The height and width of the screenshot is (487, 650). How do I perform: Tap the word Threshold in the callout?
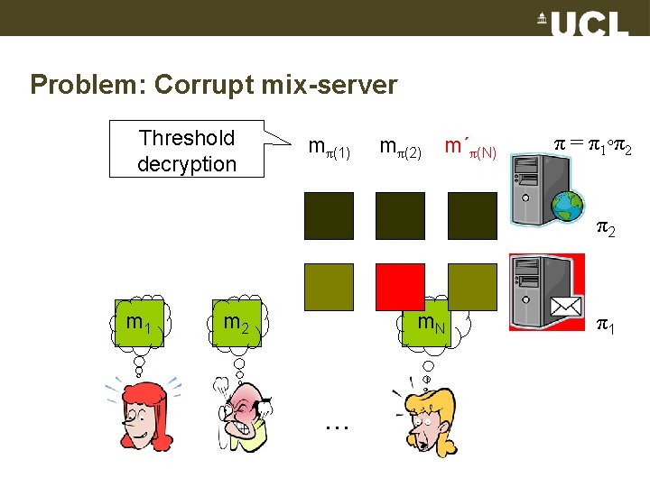tap(187, 138)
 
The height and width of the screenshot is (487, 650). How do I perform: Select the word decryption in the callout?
tap(187, 164)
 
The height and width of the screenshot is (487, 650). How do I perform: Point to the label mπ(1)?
tap(329, 146)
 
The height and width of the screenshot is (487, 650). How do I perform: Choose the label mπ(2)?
tap(400, 146)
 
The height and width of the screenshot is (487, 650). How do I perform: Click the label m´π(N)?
tap(470, 146)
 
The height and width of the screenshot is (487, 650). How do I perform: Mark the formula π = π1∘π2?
tap(591, 143)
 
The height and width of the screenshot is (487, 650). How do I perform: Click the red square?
tap(400, 286)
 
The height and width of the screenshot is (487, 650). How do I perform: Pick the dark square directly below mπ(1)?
tap(329, 216)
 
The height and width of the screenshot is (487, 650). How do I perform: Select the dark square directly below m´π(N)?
tap(472, 216)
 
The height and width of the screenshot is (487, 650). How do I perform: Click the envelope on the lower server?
tap(564, 308)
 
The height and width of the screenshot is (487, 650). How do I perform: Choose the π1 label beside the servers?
tap(604, 323)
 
